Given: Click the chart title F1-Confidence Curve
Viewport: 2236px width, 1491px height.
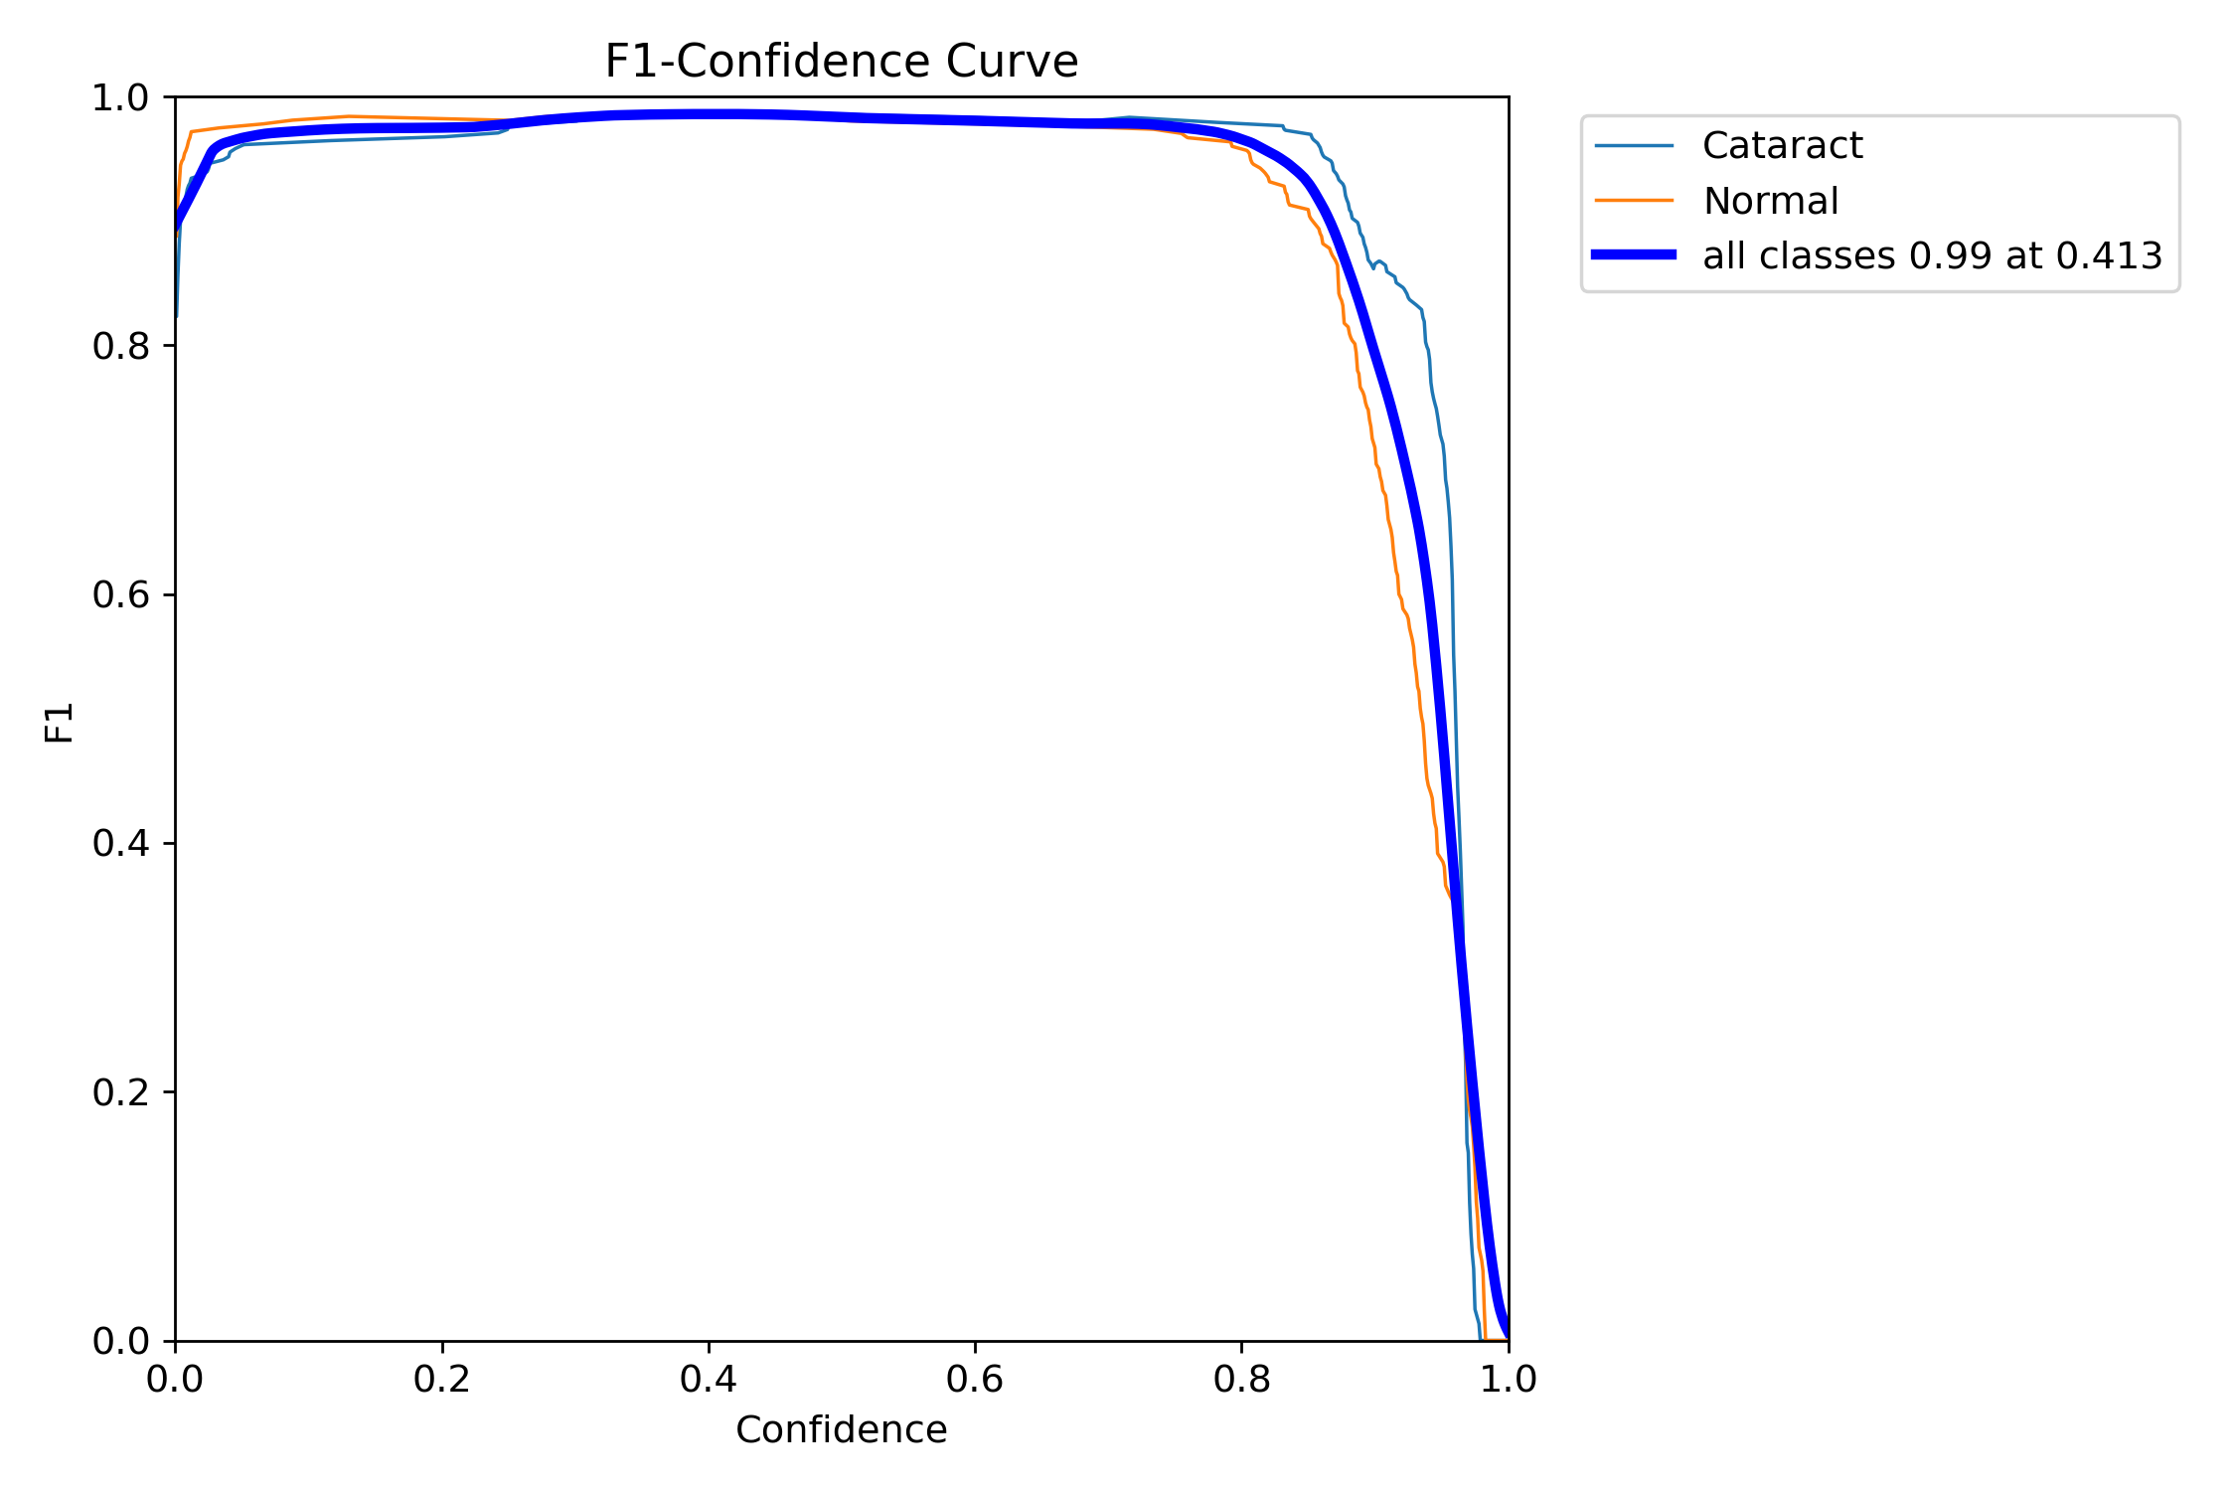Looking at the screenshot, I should (x=841, y=62).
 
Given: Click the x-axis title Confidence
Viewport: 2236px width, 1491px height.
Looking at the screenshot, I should (x=841, y=1429).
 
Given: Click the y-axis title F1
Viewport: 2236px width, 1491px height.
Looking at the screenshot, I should (x=60, y=723).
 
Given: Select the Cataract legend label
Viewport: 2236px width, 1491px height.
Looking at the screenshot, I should (x=1782, y=146).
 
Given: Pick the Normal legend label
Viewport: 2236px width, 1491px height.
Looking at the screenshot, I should (x=1770, y=201).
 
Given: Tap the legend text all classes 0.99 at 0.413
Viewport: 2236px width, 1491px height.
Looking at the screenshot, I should (x=1932, y=256).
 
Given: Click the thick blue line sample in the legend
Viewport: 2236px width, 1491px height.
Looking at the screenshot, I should (x=1634, y=255).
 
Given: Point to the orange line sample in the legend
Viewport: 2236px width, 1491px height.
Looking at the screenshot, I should (x=1634, y=201).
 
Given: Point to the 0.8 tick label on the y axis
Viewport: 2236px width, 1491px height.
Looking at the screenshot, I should (x=119, y=347).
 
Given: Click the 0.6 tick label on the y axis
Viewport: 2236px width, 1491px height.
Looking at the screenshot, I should (x=119, y=595).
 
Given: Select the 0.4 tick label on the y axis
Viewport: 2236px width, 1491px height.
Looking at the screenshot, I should (x=119, y=844).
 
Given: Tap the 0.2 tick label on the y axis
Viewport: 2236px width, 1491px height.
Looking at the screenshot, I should (x=119, y=1092).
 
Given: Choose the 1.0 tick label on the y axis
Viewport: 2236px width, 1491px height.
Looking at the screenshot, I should (x=119, y=98).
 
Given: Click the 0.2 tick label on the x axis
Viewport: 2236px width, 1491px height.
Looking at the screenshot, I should (x=442, y=1380).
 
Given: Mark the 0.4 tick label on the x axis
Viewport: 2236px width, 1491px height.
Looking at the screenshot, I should (x=709, y=1380).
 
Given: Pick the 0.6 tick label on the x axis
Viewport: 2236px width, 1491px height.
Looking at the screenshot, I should (x=975, y=1380).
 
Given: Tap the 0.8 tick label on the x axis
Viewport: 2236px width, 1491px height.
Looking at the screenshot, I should (x=1241, y=1380).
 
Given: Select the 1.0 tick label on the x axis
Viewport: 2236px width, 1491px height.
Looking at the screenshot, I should (x=1508, y=1380).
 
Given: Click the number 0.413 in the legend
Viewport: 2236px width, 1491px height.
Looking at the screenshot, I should (x=2109, y=256).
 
